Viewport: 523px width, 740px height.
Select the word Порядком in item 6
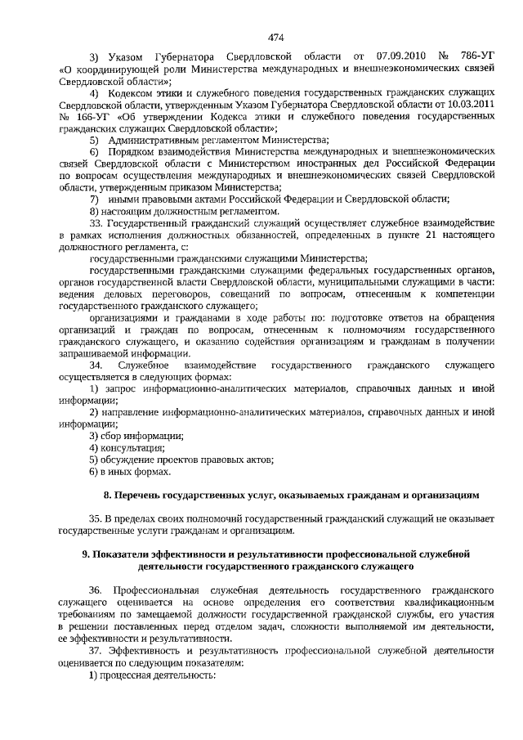coord(133,152)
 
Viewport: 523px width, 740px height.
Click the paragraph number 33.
coord(96,223)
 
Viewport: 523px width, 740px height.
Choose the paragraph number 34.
coord(96,364)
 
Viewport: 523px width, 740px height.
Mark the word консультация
coord(132,447)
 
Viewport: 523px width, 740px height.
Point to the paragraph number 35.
coord(96,519)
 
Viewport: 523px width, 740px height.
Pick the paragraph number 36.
coord(96,590)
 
